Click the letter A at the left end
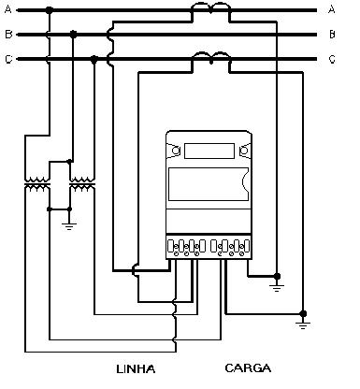(8, 9)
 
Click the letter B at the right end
(332, 34)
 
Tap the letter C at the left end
(8, 59)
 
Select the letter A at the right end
(332, 9)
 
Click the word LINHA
(136, 369)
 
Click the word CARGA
(248, 368)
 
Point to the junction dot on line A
(49, 10)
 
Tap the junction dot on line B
(73, 35)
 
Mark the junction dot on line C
(94, 59)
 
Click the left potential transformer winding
(37, 184)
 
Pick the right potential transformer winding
(82, 184)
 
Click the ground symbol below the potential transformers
(69, 226)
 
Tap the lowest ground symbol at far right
(303, 326)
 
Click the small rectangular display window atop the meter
(209, 151)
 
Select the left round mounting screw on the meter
(176, 151)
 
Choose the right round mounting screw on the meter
(244, 151)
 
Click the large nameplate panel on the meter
(209, 184)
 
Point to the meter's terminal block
(209, 246)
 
